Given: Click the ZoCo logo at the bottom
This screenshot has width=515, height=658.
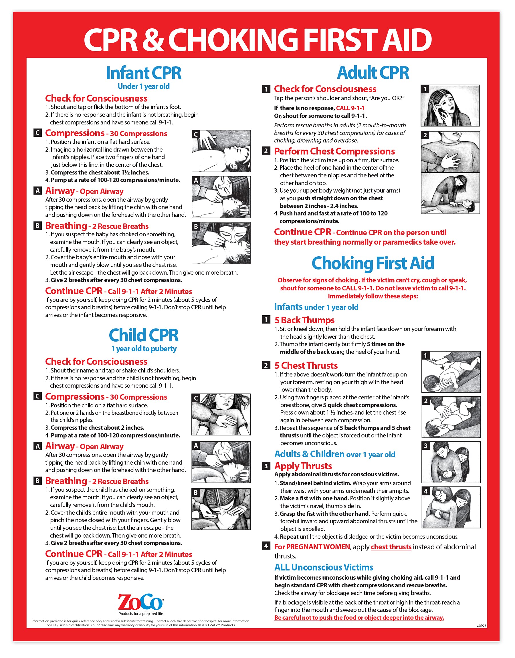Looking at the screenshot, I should coord(140,602).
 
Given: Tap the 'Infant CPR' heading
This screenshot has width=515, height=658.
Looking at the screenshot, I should coord(144,73).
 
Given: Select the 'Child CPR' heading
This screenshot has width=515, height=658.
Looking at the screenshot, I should coord(144,336).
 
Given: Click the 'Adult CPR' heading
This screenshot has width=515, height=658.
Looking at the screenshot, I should coord(373,73).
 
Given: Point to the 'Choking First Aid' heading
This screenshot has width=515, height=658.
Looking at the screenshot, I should coord(373,263).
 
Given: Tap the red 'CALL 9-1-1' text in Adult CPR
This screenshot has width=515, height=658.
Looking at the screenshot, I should coord(350,108).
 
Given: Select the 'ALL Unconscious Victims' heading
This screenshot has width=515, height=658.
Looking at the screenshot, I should coord(324,568).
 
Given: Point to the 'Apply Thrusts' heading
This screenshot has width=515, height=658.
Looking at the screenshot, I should coord(303,466).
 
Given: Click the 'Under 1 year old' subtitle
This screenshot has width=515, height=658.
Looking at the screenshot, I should coord(144,86).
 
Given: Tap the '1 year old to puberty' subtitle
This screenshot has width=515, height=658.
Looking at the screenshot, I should coord(144,349).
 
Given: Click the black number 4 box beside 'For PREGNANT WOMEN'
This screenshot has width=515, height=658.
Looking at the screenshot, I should coord(266,546).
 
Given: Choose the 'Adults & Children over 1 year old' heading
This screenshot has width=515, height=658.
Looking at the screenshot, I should coord(334,454).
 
